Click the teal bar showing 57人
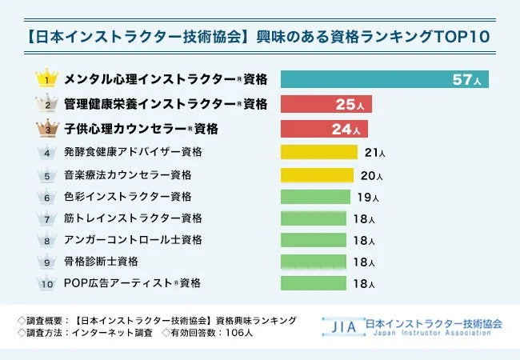pyautogui.click(x=384, y=79)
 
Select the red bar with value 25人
pyautogui.click(x=326, y=104)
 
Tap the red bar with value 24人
pyautogui.click(x=324, y=128)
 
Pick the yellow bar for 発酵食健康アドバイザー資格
pyautogui.click(x=318, y=152)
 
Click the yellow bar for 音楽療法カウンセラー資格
pyautogui.click(x=317, y=174)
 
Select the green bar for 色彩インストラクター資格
pyautogui.click(x=315, y=197)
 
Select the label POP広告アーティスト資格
pyautogui.click(x=131, y=283)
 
